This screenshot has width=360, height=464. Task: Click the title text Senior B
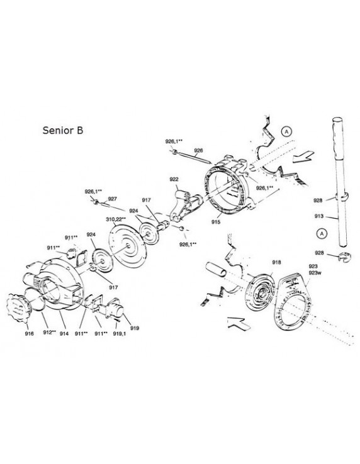point(63,131)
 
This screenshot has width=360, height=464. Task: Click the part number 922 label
point(174,179)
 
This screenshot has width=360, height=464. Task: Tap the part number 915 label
point(216,222)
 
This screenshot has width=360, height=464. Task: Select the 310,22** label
point(116,219)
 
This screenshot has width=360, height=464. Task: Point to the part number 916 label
point(30,333)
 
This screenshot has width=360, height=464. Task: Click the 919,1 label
point(119,333)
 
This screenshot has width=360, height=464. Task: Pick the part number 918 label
point(276,262)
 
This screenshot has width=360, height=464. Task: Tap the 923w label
point(315,273)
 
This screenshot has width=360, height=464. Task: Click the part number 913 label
point(319,216)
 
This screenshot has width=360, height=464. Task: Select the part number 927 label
point(112,199)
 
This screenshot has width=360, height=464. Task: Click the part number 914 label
point(64,333)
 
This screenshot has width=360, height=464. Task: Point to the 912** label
point(49,333)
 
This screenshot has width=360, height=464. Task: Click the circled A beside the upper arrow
point(286,131)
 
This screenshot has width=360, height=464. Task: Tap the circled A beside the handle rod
point(322,233)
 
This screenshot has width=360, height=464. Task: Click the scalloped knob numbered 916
point(18,308)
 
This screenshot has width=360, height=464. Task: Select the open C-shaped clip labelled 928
point(344,257)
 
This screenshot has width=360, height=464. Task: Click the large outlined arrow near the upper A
point(303,157)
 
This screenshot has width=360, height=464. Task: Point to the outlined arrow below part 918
point(239,323)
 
